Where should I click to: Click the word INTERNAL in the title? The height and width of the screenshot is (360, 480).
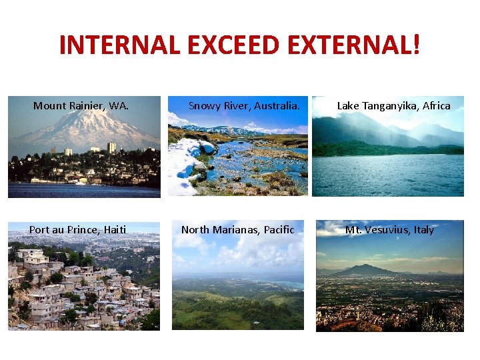point(118,45)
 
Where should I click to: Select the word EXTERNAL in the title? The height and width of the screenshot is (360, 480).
point(346,45)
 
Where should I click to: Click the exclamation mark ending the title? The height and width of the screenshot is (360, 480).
point(417,45)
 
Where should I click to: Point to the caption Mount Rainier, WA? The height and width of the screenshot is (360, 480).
point(81,105)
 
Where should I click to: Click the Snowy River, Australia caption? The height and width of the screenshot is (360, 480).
point(244,105)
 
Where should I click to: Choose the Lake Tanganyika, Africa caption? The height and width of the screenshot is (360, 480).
point(393,105)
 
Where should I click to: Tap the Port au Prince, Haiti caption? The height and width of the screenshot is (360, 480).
point(77,230)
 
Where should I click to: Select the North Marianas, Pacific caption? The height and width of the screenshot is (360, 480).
point(237,230)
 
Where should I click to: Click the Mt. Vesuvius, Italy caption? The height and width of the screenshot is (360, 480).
point(389,230)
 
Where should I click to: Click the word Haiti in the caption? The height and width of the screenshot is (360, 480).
point(114,230)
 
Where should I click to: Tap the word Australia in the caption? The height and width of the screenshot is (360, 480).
point(276,105)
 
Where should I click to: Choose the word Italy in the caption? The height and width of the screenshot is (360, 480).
point(423,230)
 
